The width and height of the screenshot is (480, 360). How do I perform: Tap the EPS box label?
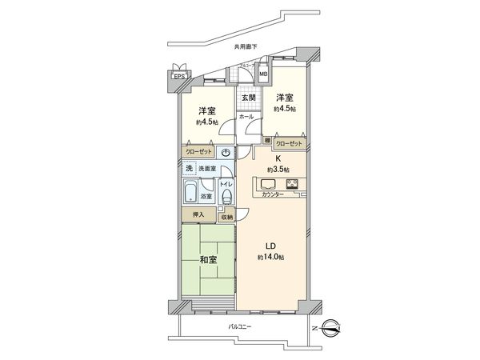point(178,78)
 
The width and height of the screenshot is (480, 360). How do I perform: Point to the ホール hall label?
point(246,117)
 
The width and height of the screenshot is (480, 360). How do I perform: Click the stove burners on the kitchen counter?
point(292,186)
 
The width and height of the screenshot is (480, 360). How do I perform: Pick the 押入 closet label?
point(197,214)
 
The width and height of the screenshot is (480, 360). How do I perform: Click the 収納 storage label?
point(227,217)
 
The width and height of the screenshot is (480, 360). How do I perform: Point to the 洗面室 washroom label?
point(208,169)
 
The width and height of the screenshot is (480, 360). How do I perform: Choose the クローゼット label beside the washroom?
point(200,150)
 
